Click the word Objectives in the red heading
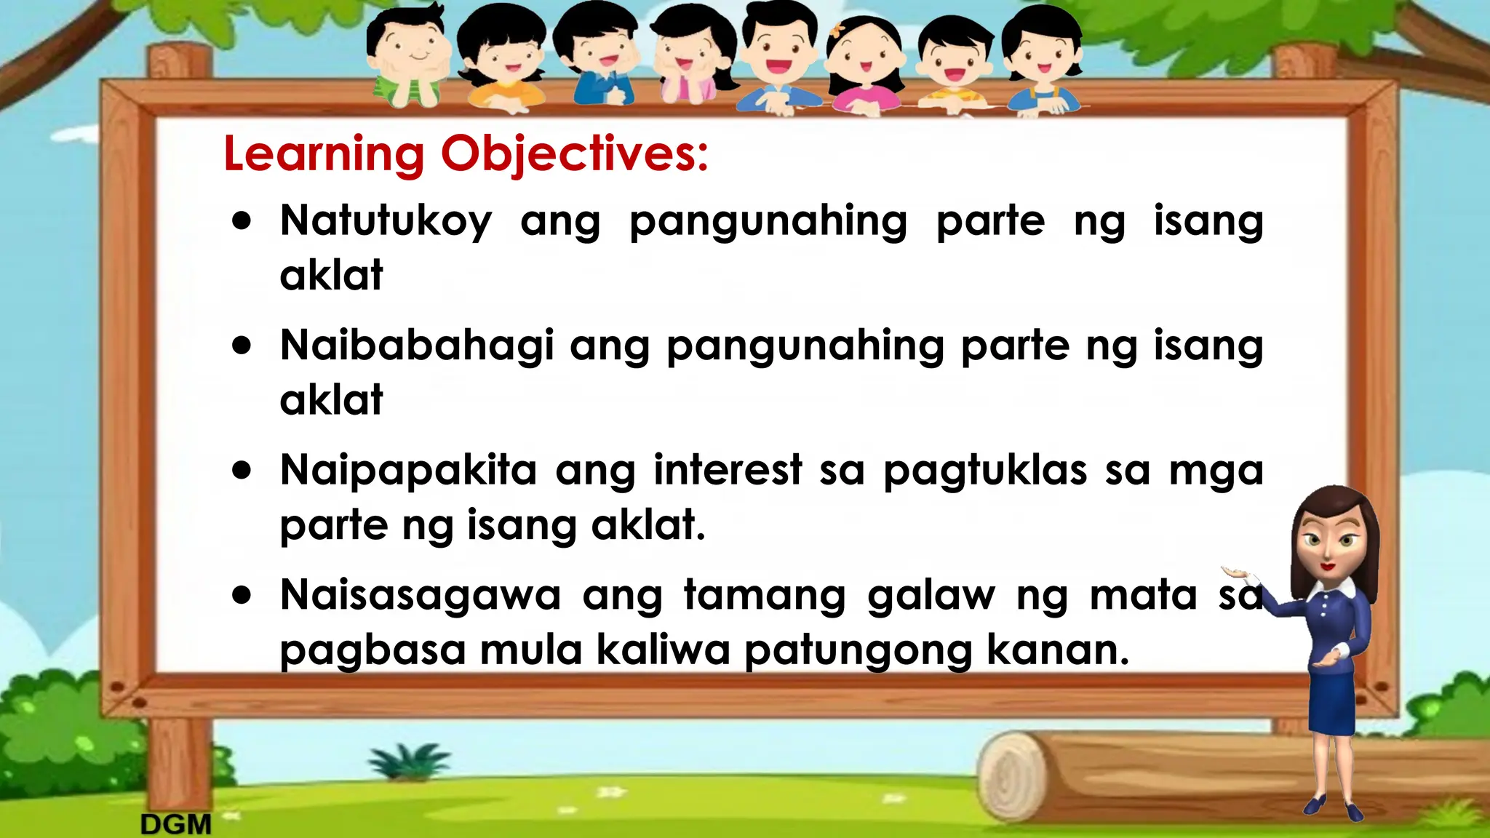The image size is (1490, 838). click(575, 154)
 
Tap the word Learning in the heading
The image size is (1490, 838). click(324, 154)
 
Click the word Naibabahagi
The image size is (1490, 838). click(417, 345)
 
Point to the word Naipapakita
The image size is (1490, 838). click(408, 470)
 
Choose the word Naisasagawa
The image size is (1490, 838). click(421, 595)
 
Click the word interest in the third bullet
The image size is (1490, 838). click(728, 470)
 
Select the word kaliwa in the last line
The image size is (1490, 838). click(663, 649)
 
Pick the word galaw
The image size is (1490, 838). click(931, 595)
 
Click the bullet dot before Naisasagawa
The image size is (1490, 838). click(242, 596)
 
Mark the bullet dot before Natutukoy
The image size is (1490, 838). click(242, 221)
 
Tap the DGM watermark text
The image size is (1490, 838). click(175, 824)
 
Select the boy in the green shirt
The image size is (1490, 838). click(407, 58)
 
